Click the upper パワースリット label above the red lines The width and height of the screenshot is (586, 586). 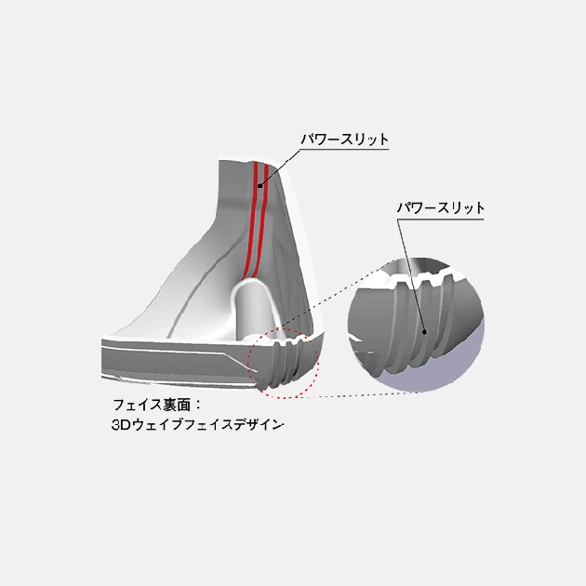click(x=344, y=140)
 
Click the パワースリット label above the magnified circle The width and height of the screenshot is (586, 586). click(x=441, y=207)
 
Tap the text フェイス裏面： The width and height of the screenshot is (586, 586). click(x=156, y=406)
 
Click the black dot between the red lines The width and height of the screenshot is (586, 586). click(x=260, y=186)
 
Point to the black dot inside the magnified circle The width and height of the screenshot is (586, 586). click(x=422, y=328)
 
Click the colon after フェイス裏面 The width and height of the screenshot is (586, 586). click(x=197, y=406)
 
